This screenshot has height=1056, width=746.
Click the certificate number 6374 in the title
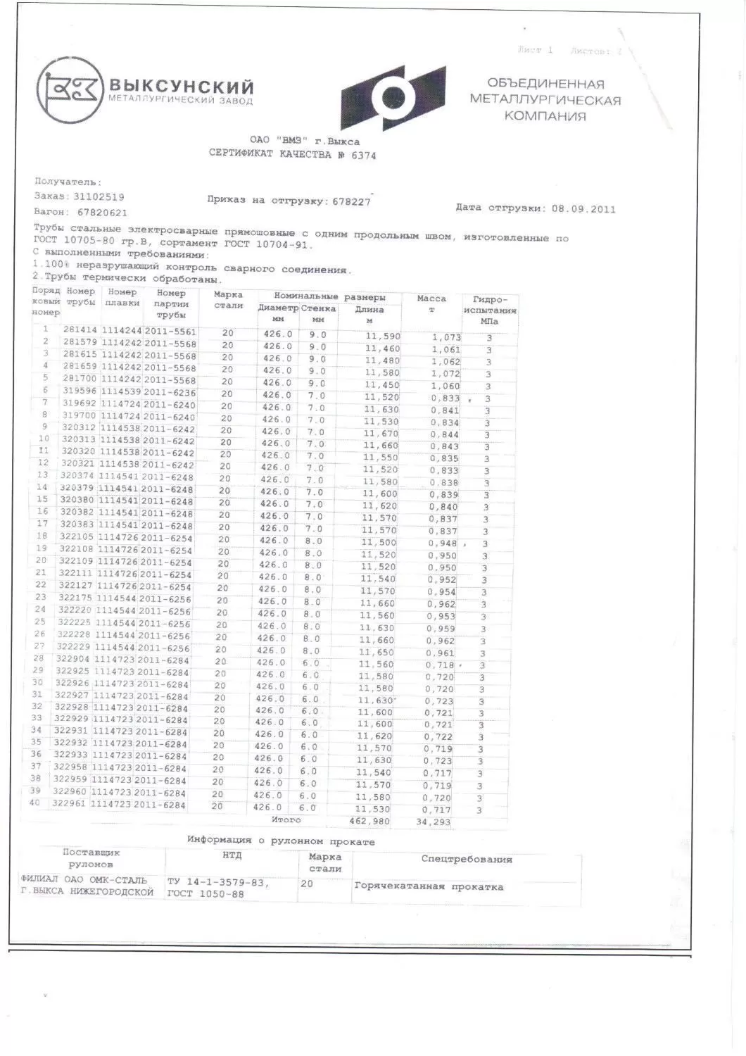point(363,156)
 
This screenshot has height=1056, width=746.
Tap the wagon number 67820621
point(102,212)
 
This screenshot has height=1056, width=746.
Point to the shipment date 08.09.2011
point(583,208)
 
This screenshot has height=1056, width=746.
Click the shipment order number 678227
point(350,201)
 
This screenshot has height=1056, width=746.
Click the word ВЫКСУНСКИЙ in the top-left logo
point(180,87)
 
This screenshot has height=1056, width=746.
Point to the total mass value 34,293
point(434,822)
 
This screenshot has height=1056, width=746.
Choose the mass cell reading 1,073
point(446,337)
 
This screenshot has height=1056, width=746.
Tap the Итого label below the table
point(286,819)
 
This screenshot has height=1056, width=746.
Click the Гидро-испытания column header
point(490,309)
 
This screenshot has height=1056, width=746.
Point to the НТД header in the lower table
point(232,855)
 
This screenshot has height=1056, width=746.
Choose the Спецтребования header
point(467,859)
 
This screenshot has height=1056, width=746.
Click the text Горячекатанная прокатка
point(429,886)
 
